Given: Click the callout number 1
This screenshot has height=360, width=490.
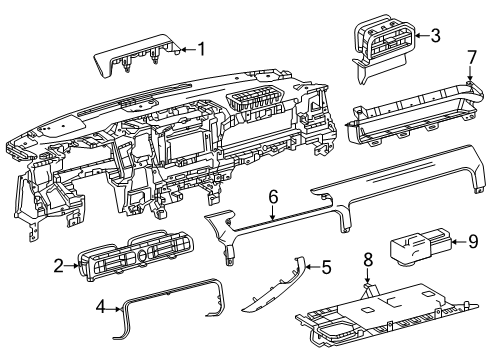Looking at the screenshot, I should click(201, 49).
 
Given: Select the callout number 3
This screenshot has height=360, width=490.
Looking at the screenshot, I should click(434, 36).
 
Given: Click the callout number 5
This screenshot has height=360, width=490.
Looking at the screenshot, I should click(324, 266).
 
